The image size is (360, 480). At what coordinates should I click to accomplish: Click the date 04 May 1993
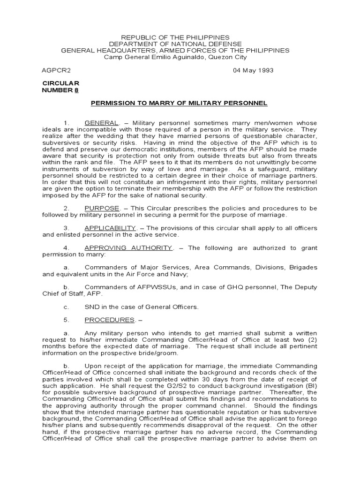pyautogui.click(x=253, y=70)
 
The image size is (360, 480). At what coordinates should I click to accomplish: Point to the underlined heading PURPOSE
pyautogui.click(x=99, y=208)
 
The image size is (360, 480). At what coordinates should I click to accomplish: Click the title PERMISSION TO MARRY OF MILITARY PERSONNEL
pyautogui.click(x=179, y=103)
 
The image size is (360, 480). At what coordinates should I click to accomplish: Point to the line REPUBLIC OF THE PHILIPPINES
pyautogui.click(x=176, y=37)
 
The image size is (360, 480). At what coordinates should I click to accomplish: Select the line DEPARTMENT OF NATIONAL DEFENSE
pyautogui.click(x=176, y=44)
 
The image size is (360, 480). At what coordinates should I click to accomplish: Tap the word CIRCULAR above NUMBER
pyautogui.click(x=61, y=83)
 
